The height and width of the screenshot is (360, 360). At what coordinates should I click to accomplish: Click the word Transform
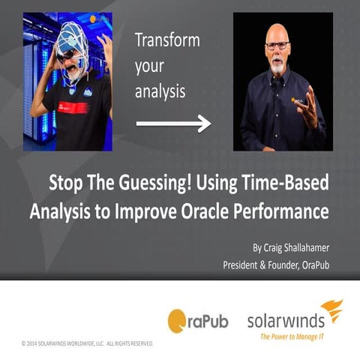coord(166,40)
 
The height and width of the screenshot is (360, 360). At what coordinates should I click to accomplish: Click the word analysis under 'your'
coord(159,91)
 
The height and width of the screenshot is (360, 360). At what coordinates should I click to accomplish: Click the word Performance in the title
coord(289,211)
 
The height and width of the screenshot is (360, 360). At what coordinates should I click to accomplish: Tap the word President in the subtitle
coord(249,265)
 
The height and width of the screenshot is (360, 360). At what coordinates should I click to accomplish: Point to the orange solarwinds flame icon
coord(331,310)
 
